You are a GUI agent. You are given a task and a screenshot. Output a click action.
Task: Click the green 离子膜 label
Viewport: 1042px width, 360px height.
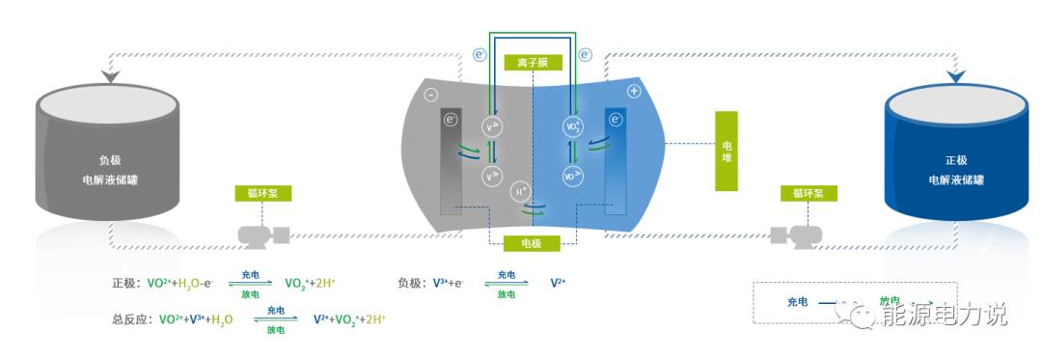click(532, 63)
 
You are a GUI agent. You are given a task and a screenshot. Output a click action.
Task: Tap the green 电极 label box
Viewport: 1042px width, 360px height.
click(532, 243)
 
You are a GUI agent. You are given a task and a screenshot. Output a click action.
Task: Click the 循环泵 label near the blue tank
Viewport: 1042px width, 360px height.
click(809, 193)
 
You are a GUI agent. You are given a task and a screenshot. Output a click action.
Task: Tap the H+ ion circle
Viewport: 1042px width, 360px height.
click(521, 191)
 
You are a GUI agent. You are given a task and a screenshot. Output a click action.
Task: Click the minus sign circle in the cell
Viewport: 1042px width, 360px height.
click(431, 95)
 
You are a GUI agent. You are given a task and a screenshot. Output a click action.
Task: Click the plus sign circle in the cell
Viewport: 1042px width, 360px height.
click(634, 92)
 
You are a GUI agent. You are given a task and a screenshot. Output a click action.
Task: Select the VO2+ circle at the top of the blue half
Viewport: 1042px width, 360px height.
click(571, 125)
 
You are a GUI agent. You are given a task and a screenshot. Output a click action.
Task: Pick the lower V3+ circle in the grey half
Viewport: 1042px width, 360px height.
click(492, 177)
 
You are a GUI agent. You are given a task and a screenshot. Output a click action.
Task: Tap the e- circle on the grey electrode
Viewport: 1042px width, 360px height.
click(451, 120)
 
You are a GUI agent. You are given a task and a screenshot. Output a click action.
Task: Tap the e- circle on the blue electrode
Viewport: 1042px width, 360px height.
click(616, 121)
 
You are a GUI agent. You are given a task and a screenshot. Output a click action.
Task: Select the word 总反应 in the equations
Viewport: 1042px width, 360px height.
click(131, 318)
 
